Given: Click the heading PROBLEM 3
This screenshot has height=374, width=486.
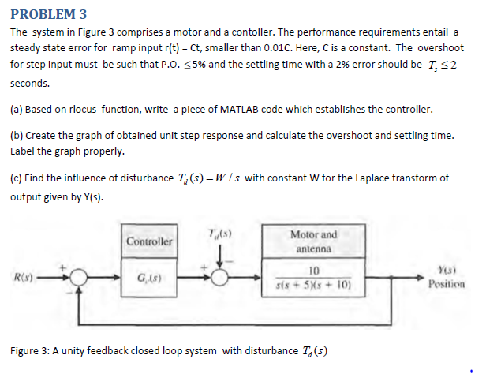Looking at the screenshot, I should pyautogui.click(x=48, y=13).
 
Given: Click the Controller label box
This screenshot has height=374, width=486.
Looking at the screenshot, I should pyautogui.click(x=149, y=238).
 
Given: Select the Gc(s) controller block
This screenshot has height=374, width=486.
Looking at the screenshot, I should pyautogui.click(x=149, y=276).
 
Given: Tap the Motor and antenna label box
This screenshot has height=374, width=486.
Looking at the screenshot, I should pyautogui.click(x=313, y=241).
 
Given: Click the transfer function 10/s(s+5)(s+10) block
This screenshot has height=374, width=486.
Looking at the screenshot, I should pyautogui.click(x=313, y=277).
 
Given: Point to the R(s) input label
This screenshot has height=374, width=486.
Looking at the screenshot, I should pyautogui.click(x=21, y=276).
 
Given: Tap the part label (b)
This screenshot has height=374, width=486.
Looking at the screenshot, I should pyautogui.click(x=17, y=135).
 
